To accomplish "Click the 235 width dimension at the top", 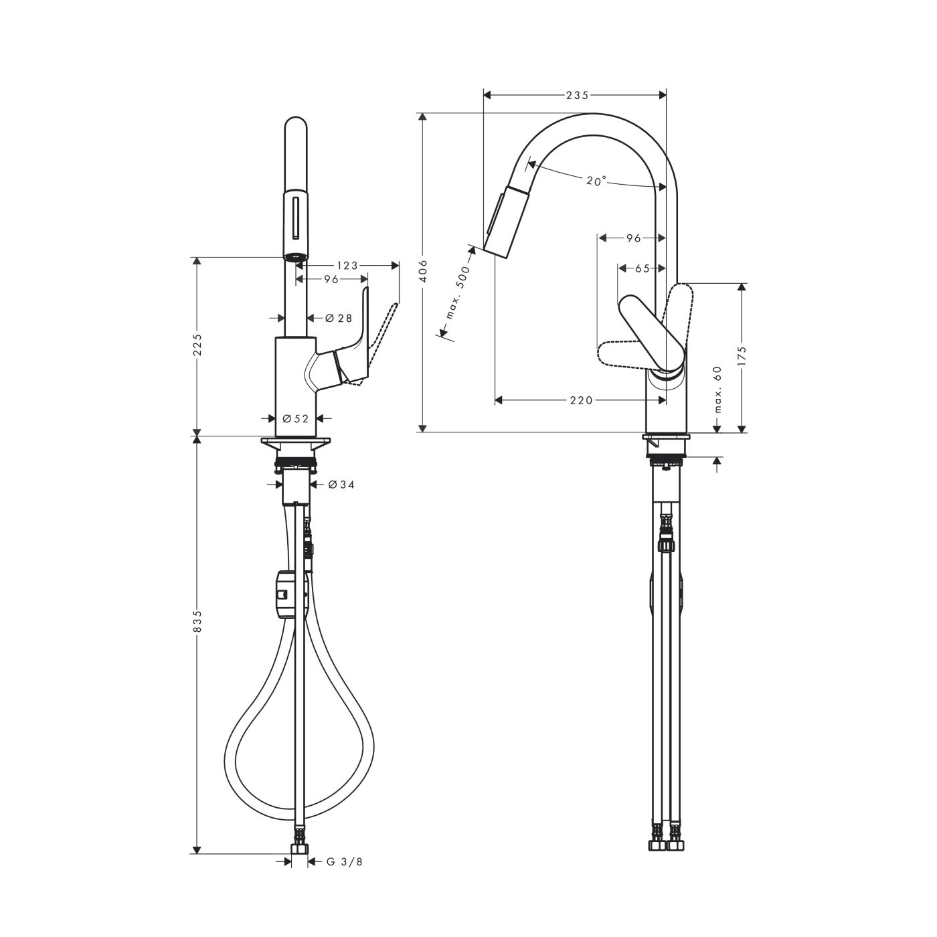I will (577, 95).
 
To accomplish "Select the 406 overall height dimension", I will (422, 272).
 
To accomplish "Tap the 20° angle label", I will (596, 181).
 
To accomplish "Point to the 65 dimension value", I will (643, 268).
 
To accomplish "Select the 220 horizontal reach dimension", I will (581, 400).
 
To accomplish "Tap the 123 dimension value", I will (347, 266).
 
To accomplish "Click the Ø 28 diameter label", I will (339, 319).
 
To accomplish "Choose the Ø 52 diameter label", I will (295, 418).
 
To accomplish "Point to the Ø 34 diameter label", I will (341, 484).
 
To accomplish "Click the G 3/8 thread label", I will (345, 862).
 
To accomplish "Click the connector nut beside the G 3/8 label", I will (300, 849).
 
